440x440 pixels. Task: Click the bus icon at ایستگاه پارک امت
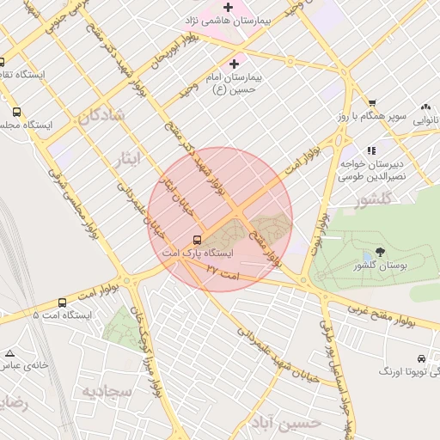click(x=198, y=240)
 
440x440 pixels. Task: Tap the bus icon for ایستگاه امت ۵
click(x=62, y=302)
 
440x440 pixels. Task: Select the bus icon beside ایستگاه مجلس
click(x=16, y=112)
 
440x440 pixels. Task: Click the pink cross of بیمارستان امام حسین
click(x=234, y=64)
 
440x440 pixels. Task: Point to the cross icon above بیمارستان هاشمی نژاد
click(x=228, y=6)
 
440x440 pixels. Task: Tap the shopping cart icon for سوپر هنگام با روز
click(x=372, y=103)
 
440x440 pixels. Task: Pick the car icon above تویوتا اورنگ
click(x=420, y=357)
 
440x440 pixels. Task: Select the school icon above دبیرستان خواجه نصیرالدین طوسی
click(x=371, y=150)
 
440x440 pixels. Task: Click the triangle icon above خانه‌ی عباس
click(x=9, y=353)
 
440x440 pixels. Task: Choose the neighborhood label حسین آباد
click(x=293, y=422)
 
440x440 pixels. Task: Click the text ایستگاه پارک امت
click(x=199, y=254)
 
